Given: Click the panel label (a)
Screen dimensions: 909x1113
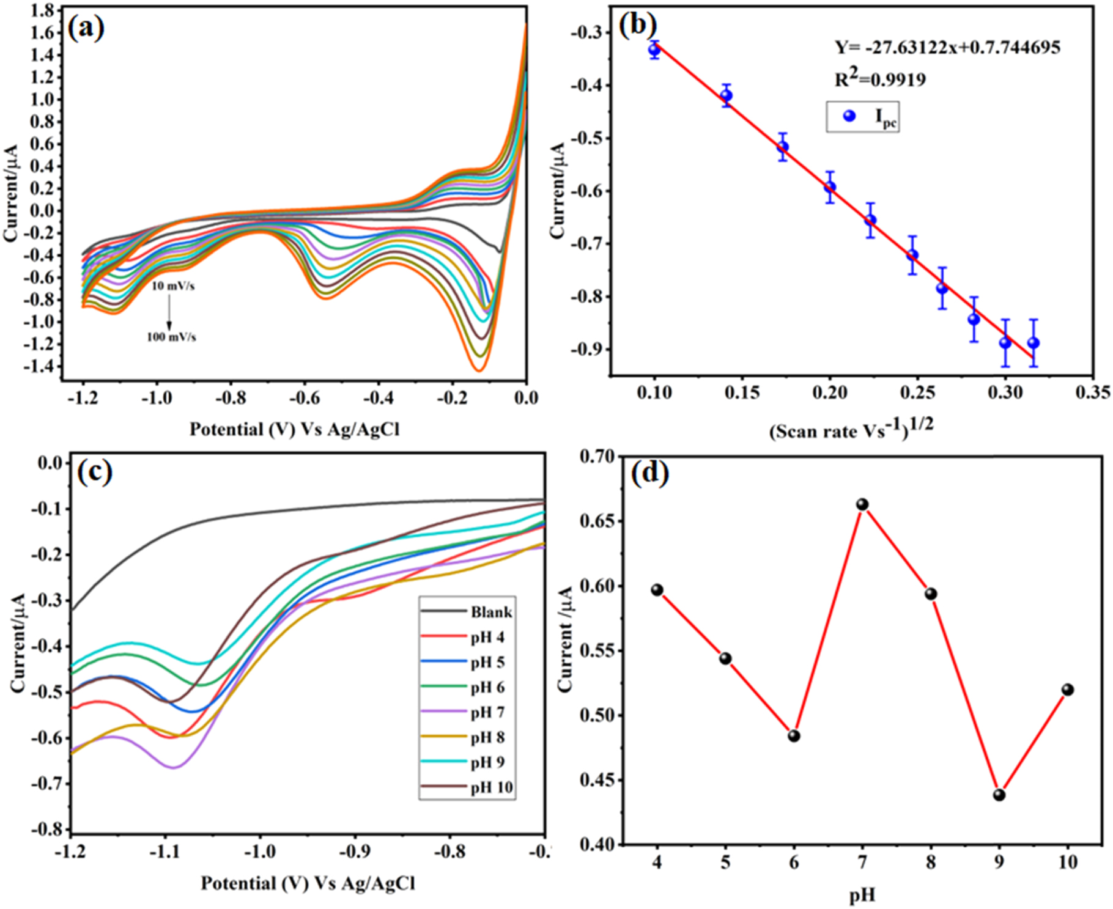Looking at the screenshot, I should pos(86,28).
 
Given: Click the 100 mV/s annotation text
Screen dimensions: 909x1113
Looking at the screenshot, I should pos(171,337).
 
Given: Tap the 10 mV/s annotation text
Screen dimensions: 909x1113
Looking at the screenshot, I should pos(174,286).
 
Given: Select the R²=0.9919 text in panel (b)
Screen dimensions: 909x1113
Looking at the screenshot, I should pos(880,79).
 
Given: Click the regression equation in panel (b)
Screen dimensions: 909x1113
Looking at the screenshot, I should pos(947,47).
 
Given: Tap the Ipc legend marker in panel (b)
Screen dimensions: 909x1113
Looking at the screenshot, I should pos(849,116).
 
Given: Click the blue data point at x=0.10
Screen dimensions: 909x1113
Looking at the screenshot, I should pos(654,50).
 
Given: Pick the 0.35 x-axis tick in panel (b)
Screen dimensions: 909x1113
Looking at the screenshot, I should pos(1093,392).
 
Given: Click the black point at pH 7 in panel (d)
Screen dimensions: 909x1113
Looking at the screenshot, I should pos(862,504).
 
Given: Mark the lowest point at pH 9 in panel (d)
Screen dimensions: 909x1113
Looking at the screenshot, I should pos(999,795).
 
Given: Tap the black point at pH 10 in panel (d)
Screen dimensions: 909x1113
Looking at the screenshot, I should pos(1068,690).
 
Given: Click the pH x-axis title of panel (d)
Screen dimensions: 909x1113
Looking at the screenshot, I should pos(862,896).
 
